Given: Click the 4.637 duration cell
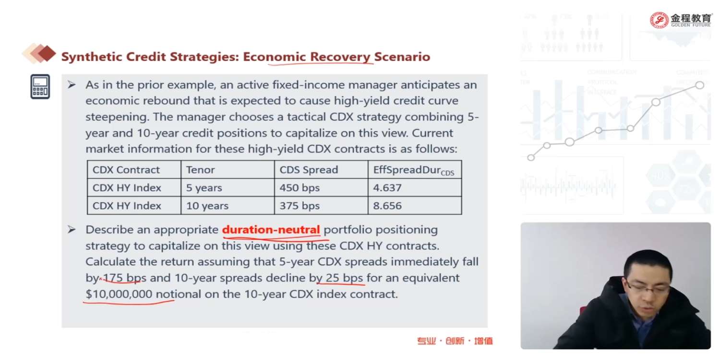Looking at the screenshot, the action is click(x=415, y=187).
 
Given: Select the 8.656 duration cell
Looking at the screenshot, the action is click(x=415, y=205).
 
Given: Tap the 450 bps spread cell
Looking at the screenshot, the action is click(x=321, y=187).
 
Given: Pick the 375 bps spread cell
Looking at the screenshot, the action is click(x=321, y=205).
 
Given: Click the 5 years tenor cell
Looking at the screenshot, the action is click(x=228, y=187).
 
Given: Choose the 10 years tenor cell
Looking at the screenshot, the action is click(x=228, y=205).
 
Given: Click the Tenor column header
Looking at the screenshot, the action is click(x=228, y=169).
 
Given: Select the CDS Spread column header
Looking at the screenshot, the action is click(x=321, y=169).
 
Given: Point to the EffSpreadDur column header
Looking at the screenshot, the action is click(x=415, y=169).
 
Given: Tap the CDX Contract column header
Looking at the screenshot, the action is click(x=134, y=169).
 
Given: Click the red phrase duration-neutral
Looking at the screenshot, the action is click(x=271, y=229).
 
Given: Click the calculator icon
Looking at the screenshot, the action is click(x=40, y=86).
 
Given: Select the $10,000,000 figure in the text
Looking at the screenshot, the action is click(x=119, y=294).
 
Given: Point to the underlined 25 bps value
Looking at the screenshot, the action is click(x=344, y=278).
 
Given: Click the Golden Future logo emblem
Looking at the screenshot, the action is click(x=659, y=20).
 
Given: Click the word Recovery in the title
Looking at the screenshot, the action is click(x=340, y=57).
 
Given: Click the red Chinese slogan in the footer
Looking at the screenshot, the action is click(x=455, y=341).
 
